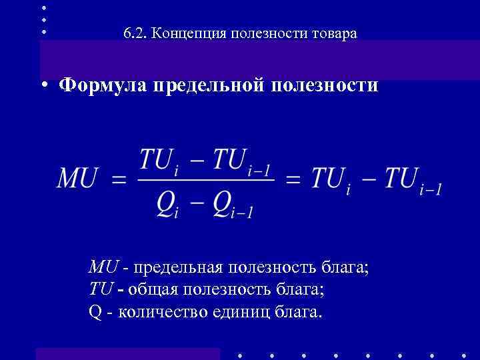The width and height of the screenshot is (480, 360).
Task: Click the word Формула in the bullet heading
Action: tap(103, 86)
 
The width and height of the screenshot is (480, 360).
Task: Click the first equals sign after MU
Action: tap(119, 179)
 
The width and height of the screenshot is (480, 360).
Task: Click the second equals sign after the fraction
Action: tap(293, 179)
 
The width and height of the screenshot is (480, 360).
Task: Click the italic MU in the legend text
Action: tap(104, 268)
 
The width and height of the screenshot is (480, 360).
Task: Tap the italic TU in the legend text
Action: tap(101, 290)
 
